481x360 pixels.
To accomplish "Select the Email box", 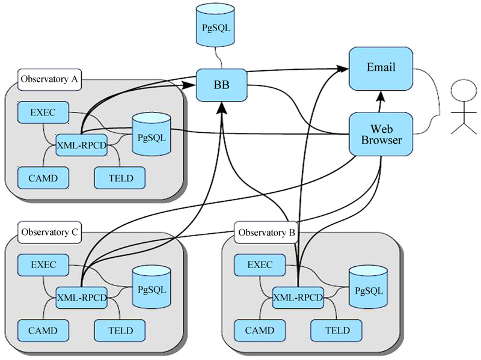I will tap(381, 67).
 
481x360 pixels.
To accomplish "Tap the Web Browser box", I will tap(381, 134).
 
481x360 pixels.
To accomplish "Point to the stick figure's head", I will tap(462, 94).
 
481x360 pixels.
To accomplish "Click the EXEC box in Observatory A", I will tap(43, 112).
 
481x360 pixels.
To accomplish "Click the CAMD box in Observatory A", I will tap(43, 177).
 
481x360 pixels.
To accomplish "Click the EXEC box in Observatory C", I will tap(43, 264).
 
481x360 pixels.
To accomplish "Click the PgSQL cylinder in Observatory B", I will tap(367, 290).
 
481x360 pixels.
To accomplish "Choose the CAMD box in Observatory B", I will tap(259, 330).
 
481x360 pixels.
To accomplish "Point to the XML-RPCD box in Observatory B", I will tap(298, 297).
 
